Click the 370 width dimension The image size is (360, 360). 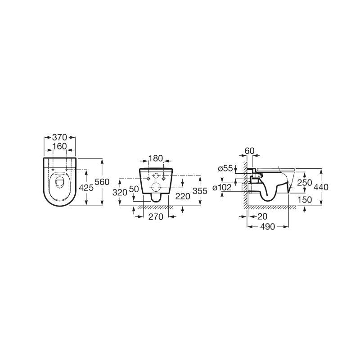click(x=59, y=137)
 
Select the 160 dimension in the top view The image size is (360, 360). click(x=59, y=146)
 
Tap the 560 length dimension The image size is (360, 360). click(x=102, y=182)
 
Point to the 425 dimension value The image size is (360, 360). click(x=86, y=188)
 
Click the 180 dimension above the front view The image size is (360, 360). click(x=156, y=158)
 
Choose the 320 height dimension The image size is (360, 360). click(x=120, y=193)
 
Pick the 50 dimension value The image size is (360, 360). click(x=134, y=189)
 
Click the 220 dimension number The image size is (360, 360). click(x=183, y=196)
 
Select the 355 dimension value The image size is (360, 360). click(x=200, y=191)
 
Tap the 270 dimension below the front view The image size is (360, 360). click(x=156, y=216)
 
